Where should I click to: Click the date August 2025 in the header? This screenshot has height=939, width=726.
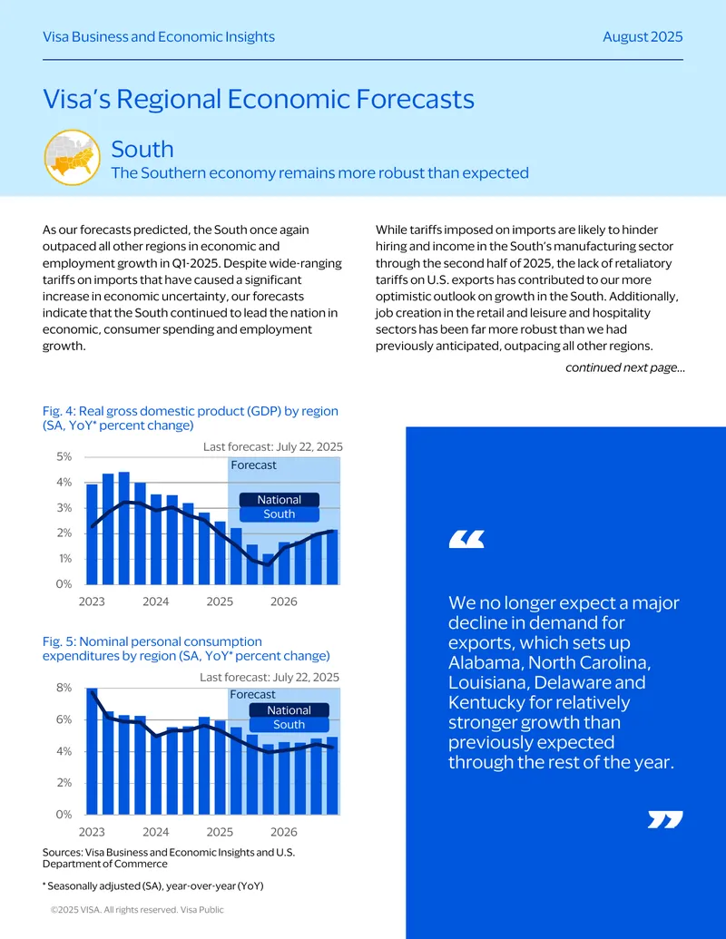[643, 36]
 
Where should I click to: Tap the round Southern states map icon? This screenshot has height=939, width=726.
[73, 158]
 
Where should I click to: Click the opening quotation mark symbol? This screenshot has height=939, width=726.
[466, 539]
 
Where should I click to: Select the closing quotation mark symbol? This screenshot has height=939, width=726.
[665, 820]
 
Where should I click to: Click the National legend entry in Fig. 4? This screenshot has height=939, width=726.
[280, 500]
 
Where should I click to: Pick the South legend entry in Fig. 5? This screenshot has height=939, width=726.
[289, 725]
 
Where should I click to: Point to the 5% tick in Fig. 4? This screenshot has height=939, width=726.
[64, 456]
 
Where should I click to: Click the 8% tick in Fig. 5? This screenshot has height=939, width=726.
[64, 688]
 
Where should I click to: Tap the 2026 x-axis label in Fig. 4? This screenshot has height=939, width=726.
[283, 602]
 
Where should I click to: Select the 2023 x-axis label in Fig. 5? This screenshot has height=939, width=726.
[92, 832]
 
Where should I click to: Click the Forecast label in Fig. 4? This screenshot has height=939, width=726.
[253, 465]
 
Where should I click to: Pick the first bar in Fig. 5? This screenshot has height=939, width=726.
[92, 751]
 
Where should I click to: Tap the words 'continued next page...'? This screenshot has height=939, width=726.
[624, 367]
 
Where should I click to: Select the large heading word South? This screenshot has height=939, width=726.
[142, 149]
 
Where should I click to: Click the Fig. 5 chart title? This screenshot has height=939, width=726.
[186, 649]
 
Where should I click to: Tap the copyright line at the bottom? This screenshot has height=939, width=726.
[137, 910]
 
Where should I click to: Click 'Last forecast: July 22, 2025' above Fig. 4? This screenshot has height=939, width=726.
[272, 446]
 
